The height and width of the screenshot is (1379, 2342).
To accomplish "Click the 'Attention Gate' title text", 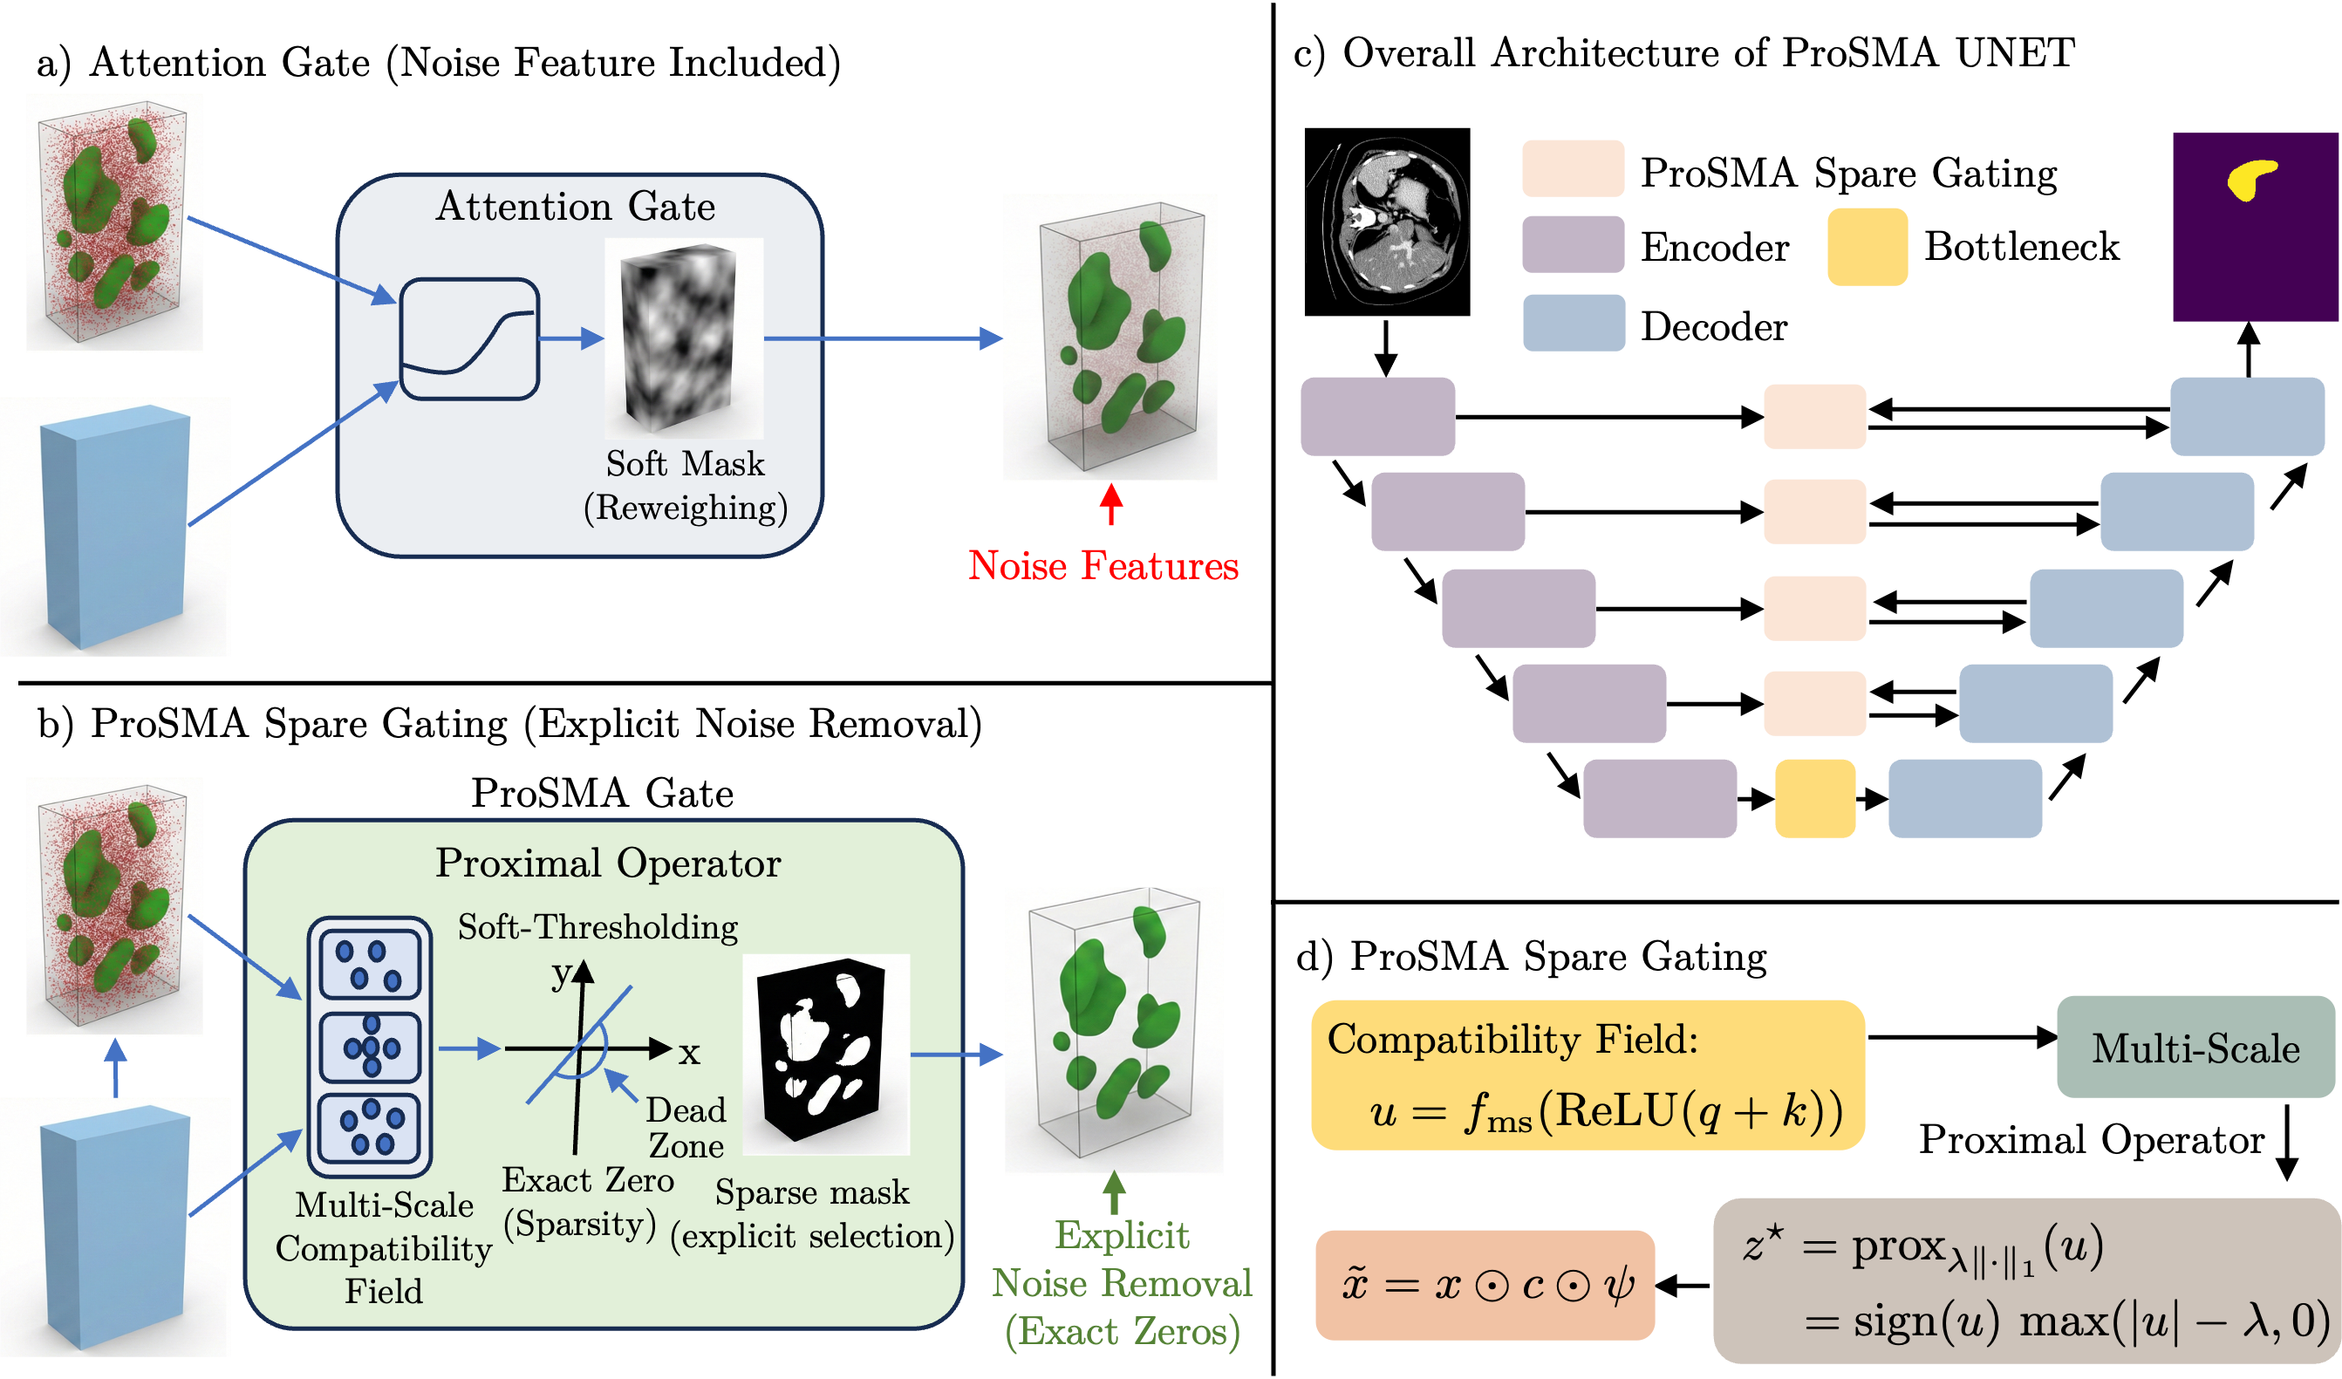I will [576, 207].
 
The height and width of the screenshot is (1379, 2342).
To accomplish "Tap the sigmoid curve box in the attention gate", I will [469, 339].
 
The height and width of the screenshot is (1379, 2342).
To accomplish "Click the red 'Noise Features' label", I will [1103, 565].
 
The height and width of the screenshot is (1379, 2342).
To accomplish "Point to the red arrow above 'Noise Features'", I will [1110, 503].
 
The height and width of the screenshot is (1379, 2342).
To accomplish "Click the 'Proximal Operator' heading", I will [608, 864].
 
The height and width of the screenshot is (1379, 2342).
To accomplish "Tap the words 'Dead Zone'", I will [686, 1127].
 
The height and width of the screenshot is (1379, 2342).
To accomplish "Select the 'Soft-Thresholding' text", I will [597, 926].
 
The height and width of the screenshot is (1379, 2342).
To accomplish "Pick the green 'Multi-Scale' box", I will [2195, 1048].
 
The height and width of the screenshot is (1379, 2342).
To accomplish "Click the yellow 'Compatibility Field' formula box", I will [1588, 1075].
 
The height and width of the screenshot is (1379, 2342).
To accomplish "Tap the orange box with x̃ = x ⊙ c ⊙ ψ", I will [1485, 1284].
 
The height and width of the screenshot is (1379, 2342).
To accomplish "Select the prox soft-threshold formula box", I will [2026, 1280].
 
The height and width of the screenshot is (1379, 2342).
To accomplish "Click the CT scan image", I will [1386, 223].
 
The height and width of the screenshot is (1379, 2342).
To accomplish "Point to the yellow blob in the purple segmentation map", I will [2251, 179].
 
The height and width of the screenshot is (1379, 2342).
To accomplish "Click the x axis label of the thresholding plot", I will [689, 1053].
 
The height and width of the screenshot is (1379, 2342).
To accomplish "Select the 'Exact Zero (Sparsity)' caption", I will [586, 1202].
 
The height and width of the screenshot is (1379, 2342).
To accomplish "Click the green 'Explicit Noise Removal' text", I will [1122, 1283].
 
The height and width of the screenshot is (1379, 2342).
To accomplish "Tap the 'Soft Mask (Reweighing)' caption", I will [685, 485].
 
